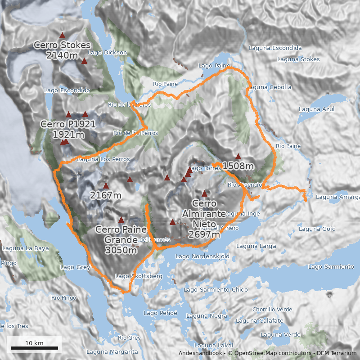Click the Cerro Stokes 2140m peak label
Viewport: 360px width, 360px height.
pyautogui.click(x=62, y=50)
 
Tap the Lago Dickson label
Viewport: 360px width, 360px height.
pyautogui.click(x=108, y=53)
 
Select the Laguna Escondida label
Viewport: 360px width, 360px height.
pyautogui.click(x=275, y=48)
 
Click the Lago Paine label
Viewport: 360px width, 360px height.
pyautogui.click(x=215, y=66)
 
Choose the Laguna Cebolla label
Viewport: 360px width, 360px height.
pyautogui.click(x=270, y=87)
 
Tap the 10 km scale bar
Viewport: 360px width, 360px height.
pyautogui.click(x=34, y=347)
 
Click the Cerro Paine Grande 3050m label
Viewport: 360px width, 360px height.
pyautogui.click(x=121, y=240)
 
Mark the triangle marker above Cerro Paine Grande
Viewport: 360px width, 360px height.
pyautogui.click(x=121, y=220)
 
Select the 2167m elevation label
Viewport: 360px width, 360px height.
pyautogui.click(x=106, y=195)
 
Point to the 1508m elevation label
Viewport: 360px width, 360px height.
pyautogui.click(x=238, y=166)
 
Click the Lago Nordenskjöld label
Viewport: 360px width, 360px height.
pyautogui.click(x=202, y=256)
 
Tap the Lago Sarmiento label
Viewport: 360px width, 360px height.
pyautogui.click(x=331, y=267)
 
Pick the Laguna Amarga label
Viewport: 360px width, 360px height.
pyautogui.click(x=337, y=197)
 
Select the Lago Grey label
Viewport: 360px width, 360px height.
pyautogui.click(x=75, y=267)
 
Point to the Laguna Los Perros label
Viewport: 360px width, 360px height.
pyautogui.click(x=103, y=159)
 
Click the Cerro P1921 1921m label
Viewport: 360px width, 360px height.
pyautogui.click(x=68, y=129)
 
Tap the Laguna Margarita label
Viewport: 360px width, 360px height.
pyautogui.click(x=112, y=351)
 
